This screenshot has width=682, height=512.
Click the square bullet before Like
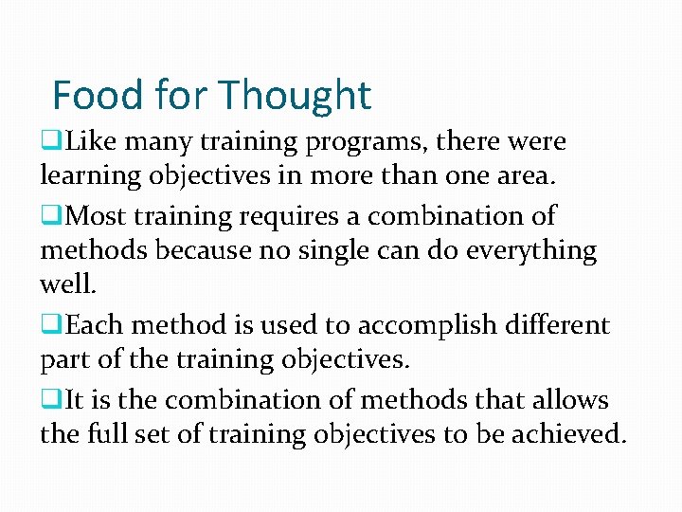pyautogui.click(x=47, y=142)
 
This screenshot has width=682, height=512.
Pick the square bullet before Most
pyautogui.click(x=47, y=215)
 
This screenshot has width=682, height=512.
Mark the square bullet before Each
pyautogui.click(x=47, y=324)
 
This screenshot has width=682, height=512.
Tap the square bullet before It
pyautogui.click(x=47, y=398)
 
